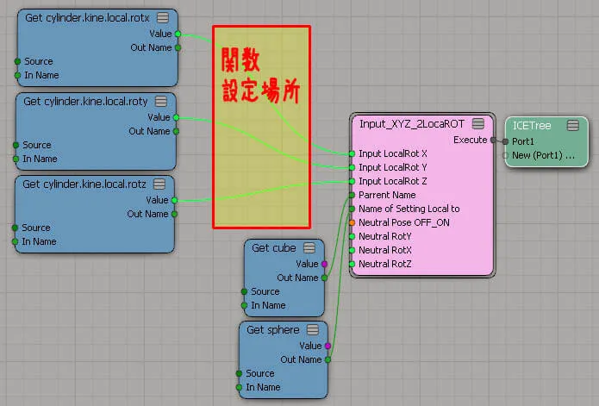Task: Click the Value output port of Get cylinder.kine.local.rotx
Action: coord(178,34)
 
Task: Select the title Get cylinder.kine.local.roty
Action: coord(85,102)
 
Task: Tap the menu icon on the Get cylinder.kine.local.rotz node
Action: coord(159,184)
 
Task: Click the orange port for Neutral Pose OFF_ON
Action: coord(352,222)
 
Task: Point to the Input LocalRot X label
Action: coord(393,153)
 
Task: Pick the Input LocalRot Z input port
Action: coord(352,181)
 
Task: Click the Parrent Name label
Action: coord(387,195)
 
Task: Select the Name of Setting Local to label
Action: coord(409,209)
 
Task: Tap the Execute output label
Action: coord(471,140)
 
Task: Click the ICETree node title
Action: coord(532,126)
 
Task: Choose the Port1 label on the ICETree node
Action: coord(522,141)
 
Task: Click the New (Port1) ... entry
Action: coord(543,155)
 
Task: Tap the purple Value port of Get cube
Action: coord(324,264)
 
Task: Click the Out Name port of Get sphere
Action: coord(328,359)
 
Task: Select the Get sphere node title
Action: coord(272,330)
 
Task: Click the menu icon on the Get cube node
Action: coord(309,248)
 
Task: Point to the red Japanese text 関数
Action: coord(241,60)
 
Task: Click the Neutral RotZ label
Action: coord(384,264)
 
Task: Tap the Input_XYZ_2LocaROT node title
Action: coord(412,124)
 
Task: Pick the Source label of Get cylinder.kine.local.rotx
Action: coord(39,61)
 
